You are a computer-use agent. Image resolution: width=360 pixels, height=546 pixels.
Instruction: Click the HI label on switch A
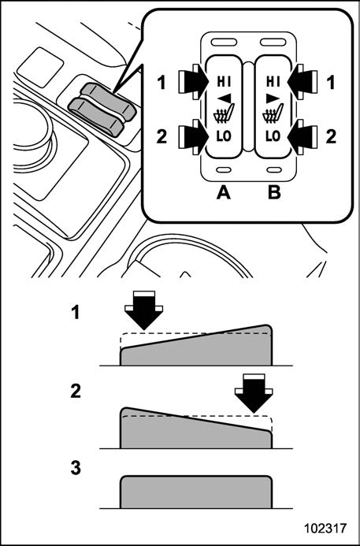(x=223, y=82)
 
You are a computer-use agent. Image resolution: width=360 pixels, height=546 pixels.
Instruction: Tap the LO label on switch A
(x=223, y=136)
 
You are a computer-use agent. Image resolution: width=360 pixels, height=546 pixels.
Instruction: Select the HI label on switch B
(x=273, y=82)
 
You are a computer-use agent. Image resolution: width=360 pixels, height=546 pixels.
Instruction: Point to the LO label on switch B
(x=273, y=136)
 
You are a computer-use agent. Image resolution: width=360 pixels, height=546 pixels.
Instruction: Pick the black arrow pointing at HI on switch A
(x=194, y=82)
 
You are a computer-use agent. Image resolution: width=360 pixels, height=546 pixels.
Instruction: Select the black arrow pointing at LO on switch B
(x=302, y=136)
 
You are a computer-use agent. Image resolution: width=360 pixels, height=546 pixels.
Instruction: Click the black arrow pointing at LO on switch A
(x=194, y=136)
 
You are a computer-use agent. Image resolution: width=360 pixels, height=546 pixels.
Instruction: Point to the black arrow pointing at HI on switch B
(x=302, y=82)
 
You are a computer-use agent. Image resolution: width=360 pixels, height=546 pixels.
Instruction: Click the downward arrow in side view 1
(x=143, y=310)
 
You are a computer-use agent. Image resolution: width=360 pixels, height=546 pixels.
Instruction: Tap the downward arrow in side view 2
(x=254, y=393)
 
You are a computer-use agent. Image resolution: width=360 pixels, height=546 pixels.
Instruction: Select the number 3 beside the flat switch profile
(x=76, y=469)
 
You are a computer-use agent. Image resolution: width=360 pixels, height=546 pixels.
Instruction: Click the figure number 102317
(x=325, y=529)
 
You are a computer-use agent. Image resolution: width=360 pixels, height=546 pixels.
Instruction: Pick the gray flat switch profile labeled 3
(x=196, y=492)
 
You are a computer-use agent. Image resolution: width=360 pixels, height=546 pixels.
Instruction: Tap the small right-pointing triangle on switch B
(x=272, y=99)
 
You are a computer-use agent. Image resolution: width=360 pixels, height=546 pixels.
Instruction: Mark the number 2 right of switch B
(x=331, y=138)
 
